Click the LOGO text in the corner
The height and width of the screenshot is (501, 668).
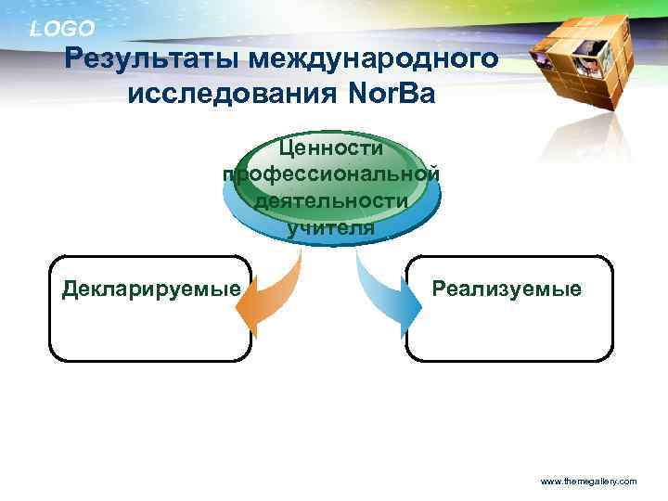(x=62, y=29)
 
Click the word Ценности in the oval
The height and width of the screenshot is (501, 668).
(x=331, y=148)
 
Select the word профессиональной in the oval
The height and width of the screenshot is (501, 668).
(x=331, y=173)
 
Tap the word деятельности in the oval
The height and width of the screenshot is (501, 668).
(x=331, y=200)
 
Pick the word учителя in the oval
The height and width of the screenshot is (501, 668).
(x=331, y=227)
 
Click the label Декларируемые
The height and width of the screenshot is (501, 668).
(x=150, y=289)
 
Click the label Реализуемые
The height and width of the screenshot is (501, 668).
(x=507, y=289)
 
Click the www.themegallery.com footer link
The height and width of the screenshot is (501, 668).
(x=588, y=482)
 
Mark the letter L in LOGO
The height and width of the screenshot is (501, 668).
(x=35, y=29)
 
